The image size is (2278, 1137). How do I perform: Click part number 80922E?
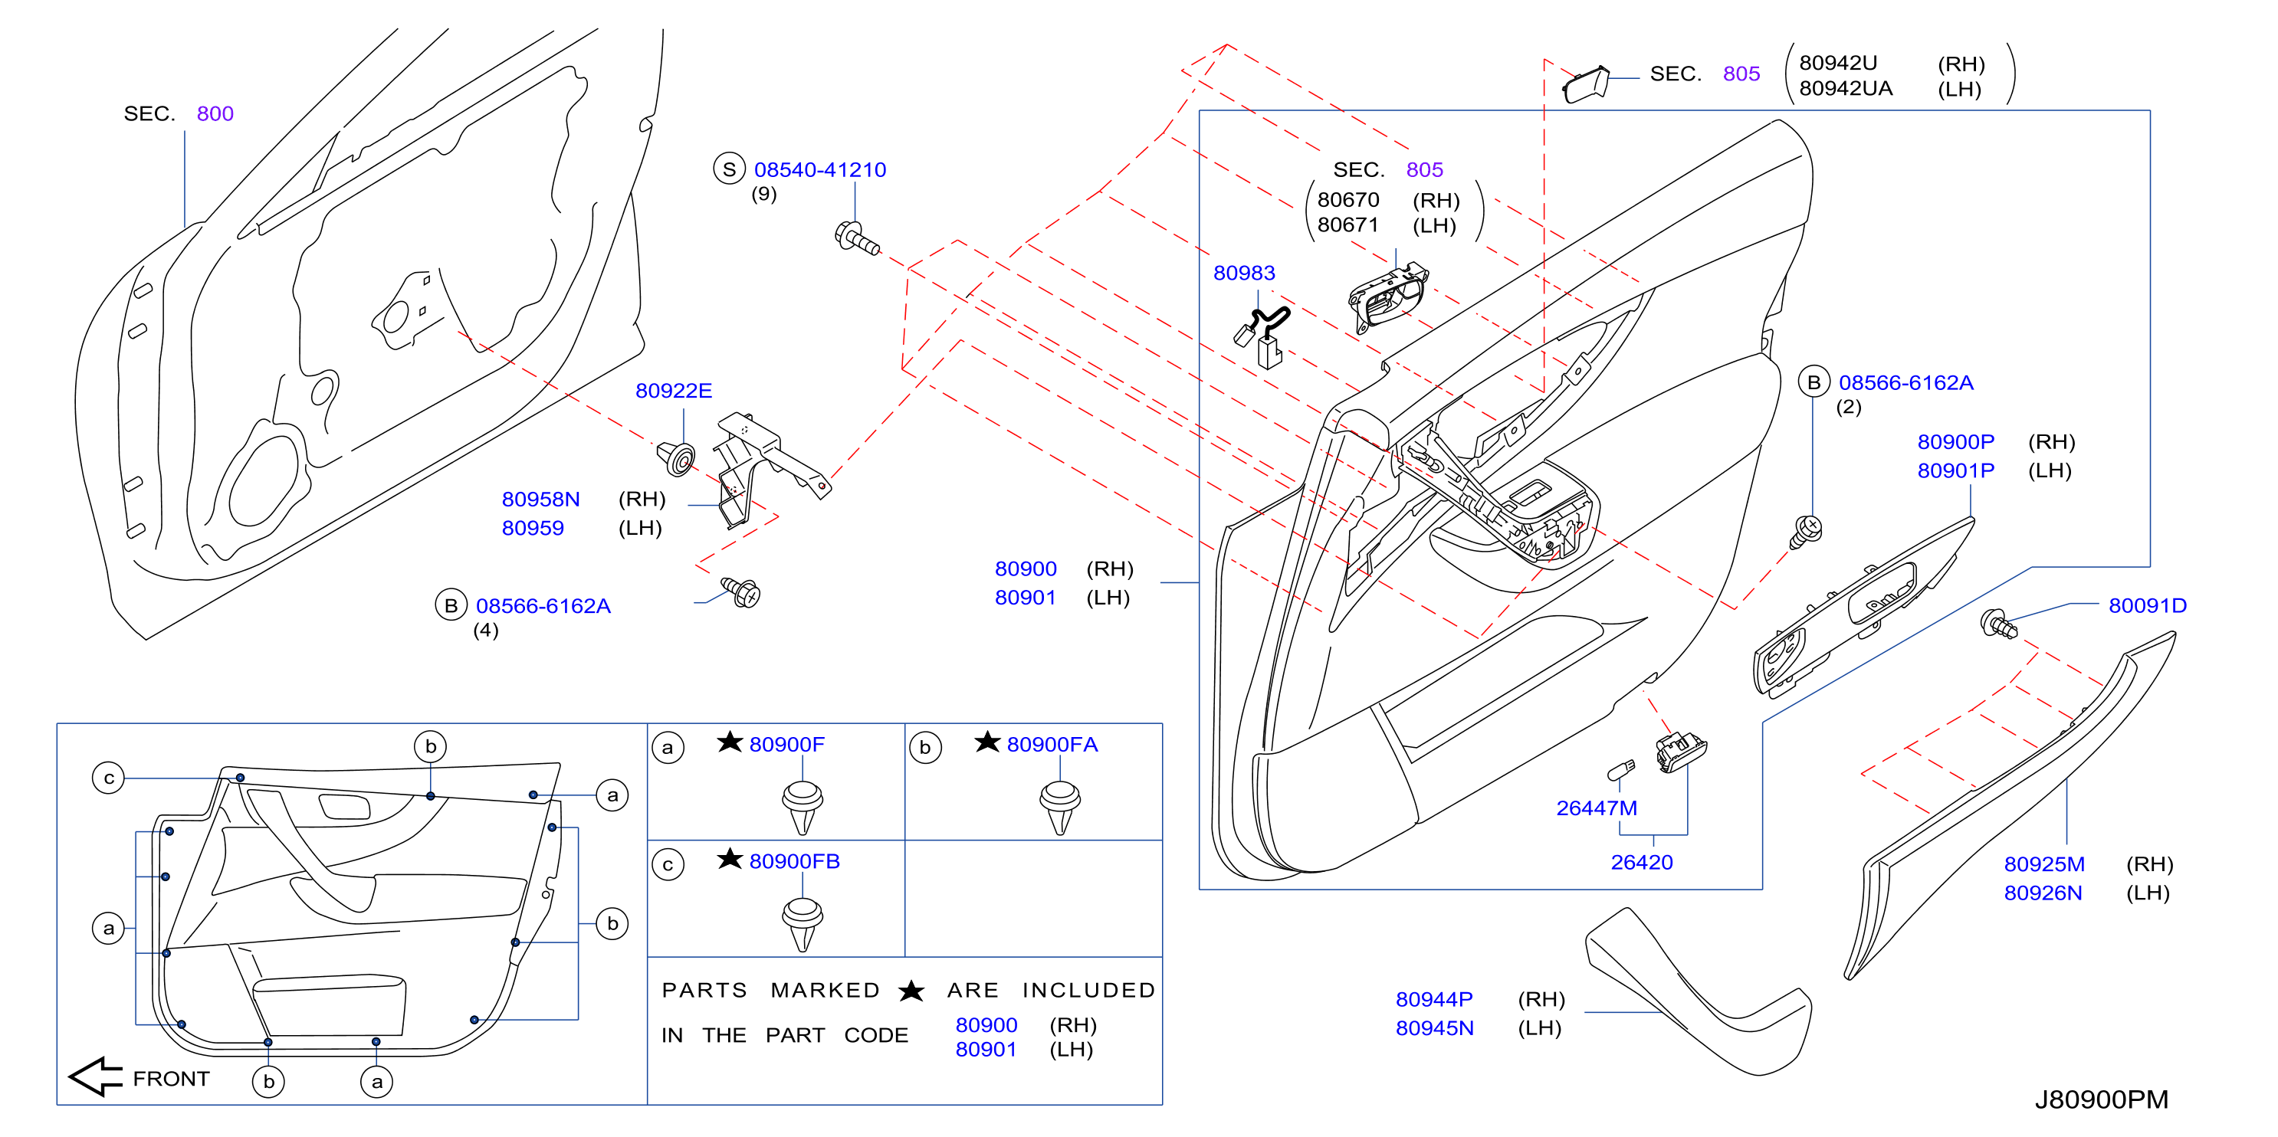673,391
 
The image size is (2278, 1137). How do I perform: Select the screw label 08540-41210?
820,170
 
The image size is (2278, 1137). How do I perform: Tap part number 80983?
1243,274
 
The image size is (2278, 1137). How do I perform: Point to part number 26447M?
1596,808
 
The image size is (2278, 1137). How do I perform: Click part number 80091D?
2147,605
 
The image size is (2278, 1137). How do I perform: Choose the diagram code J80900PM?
2101,1100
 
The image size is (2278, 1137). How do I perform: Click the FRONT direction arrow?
96,1077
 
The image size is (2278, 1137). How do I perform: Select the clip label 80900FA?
1052,745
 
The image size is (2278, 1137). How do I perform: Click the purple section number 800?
215,114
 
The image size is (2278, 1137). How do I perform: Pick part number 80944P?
1433,999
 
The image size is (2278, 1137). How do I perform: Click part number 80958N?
540,500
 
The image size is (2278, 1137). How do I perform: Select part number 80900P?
1955,442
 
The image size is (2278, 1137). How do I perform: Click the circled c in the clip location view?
109,778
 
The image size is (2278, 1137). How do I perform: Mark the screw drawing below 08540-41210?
857,238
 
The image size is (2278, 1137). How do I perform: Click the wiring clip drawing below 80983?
1262,336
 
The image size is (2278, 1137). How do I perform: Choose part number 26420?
1641,862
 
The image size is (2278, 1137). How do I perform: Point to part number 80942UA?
1846,88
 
